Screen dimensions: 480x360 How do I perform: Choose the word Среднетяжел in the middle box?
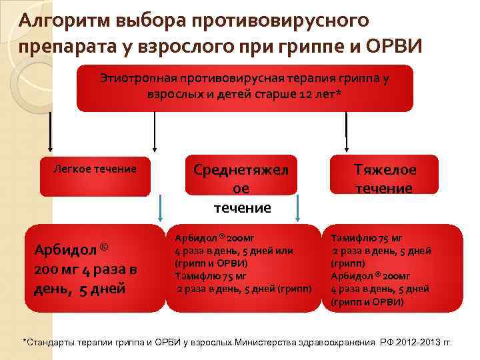coord(241,170)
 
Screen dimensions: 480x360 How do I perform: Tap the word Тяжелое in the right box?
coord(384,170)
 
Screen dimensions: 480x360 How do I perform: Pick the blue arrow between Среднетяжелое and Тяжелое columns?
coord(298,209)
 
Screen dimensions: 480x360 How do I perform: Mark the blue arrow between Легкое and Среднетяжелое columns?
coord(159,209)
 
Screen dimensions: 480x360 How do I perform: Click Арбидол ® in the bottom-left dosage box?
coord(71,250)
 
